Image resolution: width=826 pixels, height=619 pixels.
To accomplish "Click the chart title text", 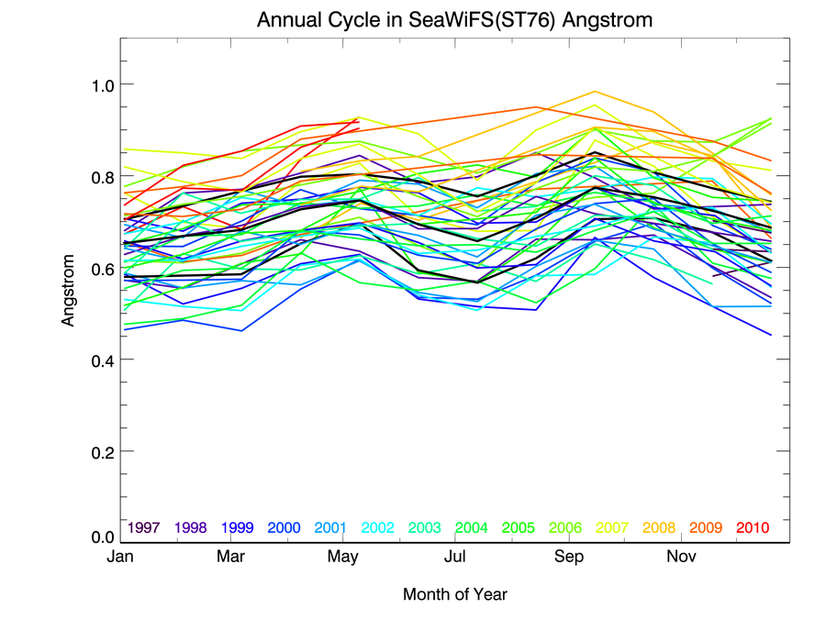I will (454, 20).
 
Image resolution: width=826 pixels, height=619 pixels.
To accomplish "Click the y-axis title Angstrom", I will (68, 291).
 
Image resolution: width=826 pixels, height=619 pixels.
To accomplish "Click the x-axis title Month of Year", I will (454, 594).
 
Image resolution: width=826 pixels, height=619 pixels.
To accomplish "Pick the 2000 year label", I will (284, 527).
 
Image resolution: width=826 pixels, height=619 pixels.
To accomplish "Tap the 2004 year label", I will (472, 527).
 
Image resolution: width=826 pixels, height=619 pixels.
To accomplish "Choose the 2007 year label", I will (612, 527).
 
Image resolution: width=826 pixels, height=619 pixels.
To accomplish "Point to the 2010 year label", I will (752, 527).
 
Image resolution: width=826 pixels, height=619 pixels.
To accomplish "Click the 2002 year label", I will (377, 527).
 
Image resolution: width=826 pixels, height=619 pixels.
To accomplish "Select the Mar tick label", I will (230, 557).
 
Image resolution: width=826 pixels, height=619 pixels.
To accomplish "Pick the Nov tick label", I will (680, 557).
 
